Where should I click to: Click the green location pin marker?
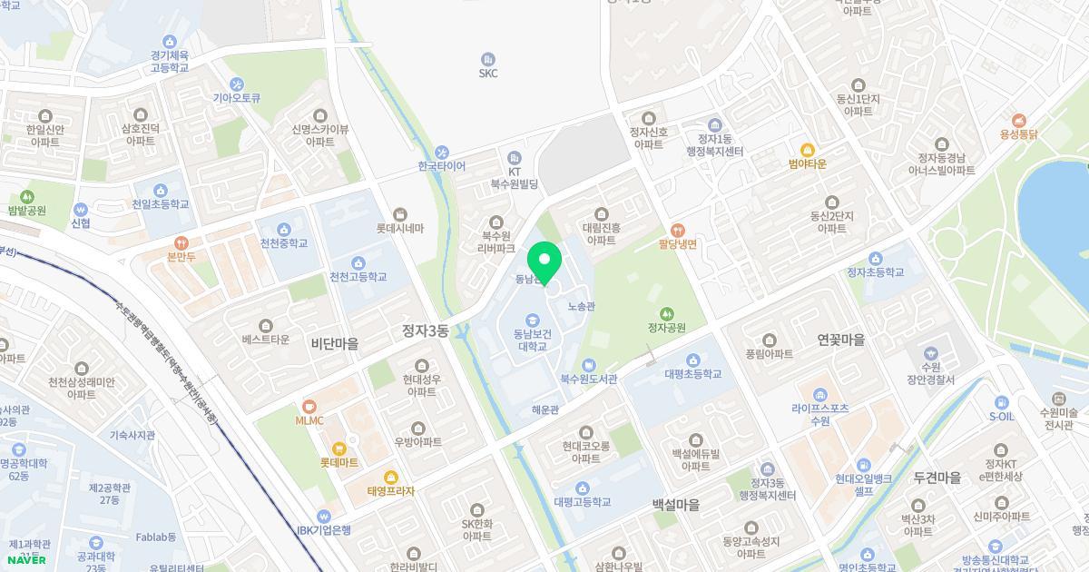544,262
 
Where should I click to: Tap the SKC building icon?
488,59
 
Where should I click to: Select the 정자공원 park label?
666,328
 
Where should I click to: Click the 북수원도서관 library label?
588,380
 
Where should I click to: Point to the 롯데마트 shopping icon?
339,448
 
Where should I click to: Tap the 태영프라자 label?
391,491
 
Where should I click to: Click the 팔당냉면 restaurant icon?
677,230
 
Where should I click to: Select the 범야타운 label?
807,164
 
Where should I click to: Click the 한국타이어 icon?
442,152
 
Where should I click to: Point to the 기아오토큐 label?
237,98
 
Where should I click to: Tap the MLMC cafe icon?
309,406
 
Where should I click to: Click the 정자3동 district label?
426,331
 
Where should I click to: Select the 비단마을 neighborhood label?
335,344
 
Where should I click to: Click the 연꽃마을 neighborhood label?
840,340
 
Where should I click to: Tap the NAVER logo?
26,559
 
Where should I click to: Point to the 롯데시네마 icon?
400,214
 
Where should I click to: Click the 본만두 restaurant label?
181,257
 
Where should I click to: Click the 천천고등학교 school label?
358,276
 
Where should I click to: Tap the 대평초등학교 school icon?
693,360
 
